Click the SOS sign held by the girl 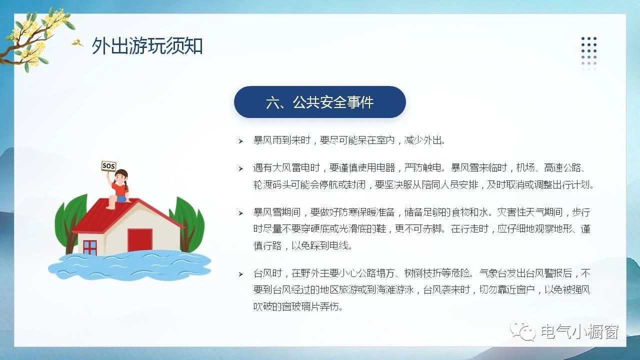point(109,165)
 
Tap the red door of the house point(139,240)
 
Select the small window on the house point(90,247)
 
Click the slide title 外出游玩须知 point(147,45)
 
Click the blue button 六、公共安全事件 point(319,102)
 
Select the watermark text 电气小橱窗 point(580,331)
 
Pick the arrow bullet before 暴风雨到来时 point(241,141)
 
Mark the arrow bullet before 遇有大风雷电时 point(241,168)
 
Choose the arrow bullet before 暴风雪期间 point(241,213)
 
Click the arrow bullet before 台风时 point(241,274)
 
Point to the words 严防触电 point(423,167)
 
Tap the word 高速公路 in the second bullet point(562,167)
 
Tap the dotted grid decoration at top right point(589,53)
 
